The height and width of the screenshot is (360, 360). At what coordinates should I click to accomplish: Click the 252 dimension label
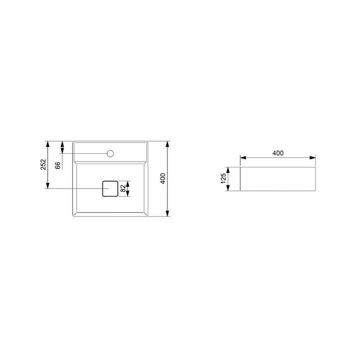43,164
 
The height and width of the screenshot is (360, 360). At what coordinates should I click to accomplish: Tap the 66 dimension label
58,165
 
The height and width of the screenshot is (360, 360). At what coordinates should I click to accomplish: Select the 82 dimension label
123,189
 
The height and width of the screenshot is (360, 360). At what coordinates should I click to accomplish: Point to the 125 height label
223,179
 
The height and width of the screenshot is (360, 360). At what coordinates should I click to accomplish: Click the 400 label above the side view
278,153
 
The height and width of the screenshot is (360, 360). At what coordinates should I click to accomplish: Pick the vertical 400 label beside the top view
163,179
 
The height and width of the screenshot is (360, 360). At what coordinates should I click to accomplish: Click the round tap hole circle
110,153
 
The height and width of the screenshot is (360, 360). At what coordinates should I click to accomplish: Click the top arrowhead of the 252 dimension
48,144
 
